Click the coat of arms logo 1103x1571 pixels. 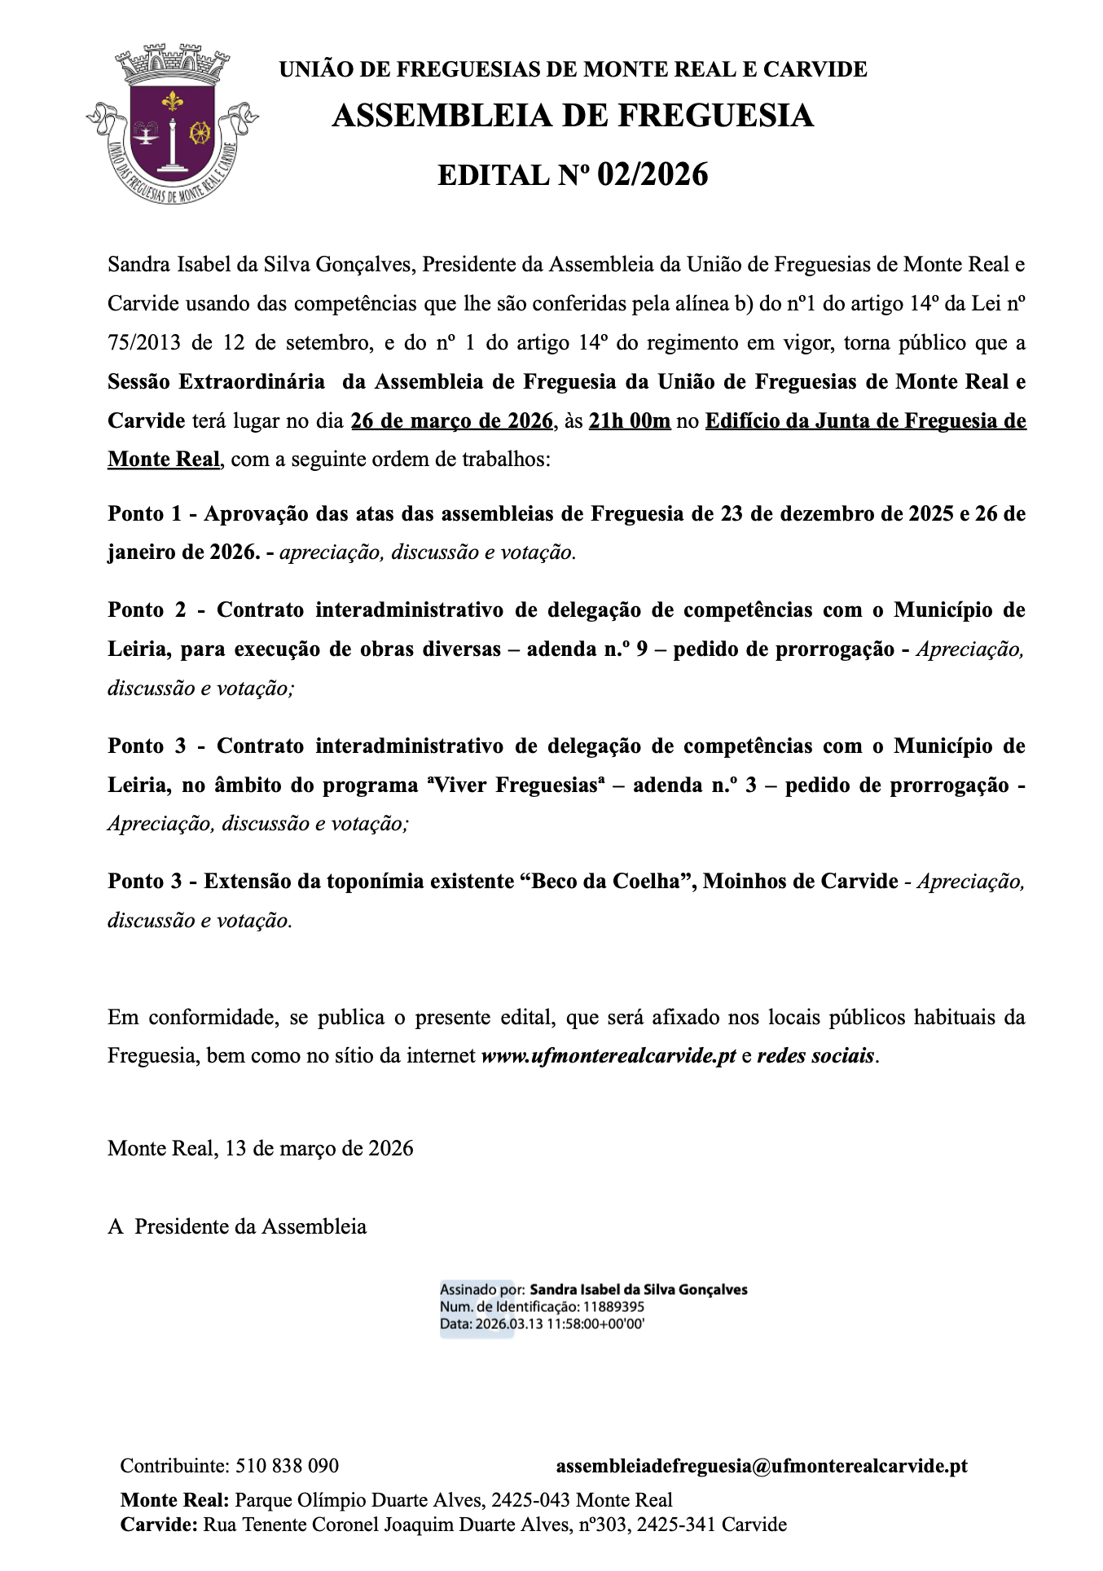tap(172, 125)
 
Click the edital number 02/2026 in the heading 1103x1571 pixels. tap(653, 174)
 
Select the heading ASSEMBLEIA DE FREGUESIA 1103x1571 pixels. tap(573, 116)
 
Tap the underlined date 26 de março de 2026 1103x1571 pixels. tap(451, 421)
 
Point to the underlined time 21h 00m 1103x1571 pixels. tap(629, 421)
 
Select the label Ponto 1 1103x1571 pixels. tap(144, 514)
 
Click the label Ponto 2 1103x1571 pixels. tap(147, 610)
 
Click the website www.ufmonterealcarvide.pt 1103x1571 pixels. tap(609, 1056)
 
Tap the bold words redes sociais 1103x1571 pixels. tap(815, 1056)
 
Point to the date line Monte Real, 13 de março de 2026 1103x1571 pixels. tap(261, 1149)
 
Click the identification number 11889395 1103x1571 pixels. tap(615, 1307)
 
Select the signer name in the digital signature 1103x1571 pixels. tap(639, 1290)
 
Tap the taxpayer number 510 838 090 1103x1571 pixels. tap(287, 1466)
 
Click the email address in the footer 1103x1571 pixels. tap(762, 1466)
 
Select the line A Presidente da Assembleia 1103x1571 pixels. tap(237, 1227)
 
